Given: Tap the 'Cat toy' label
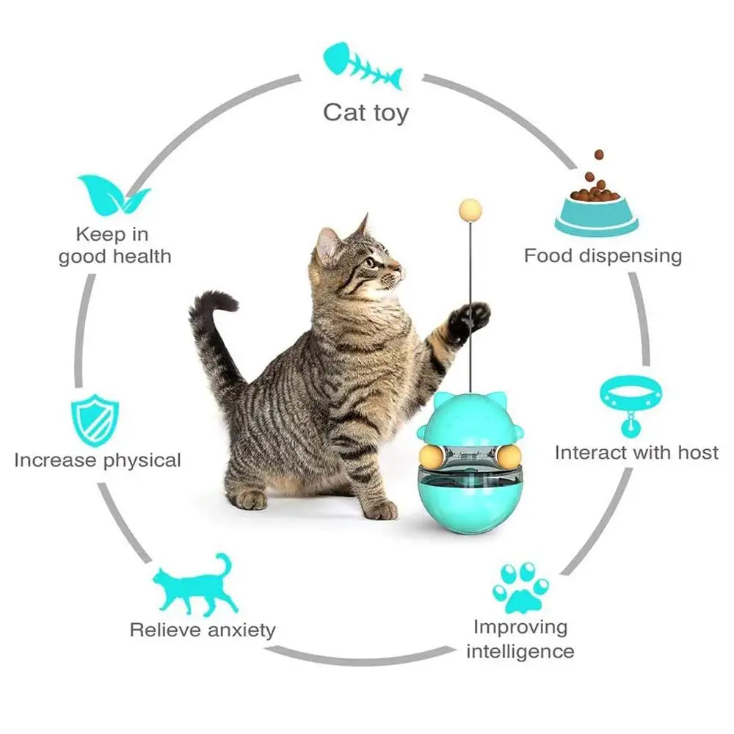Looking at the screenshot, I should tap(366, 113).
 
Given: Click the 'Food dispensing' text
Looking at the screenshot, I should tap(603, 256).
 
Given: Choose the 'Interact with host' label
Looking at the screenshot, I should tap(636, 452).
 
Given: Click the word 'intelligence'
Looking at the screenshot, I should tap(520, 651).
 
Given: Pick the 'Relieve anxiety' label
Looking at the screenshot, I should tap(202, 630).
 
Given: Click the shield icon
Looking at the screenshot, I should tap(93, 421).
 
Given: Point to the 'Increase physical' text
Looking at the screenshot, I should tap(98, 461).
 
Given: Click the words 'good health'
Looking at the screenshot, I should tap(115, 256).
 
